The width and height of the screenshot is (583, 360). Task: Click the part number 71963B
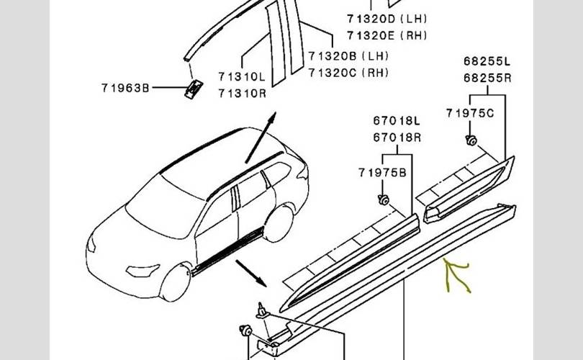pyautogui.click(x=125, y=88)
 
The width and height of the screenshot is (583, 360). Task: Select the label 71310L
pyautogui.click(x=242, y=76)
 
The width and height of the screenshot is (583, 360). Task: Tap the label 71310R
pyautogui.click(x=242, y=93)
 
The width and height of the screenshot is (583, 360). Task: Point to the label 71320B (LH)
pyautogui.click(x=348, y=55)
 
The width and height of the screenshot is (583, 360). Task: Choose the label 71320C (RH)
pyautogui.click(x=348, y=72)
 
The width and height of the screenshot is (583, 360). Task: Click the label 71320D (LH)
pyautogui.click(x=387, y=19)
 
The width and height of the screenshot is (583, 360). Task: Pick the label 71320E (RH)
pyautogui.click(x=387, y=35)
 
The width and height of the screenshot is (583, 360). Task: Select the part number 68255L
pyautogui.click(x=487, y=61)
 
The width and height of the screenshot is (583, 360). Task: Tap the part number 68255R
pyautogui.click(x=487, y=78)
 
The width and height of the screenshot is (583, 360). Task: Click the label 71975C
pyautogui.click(x=470, y=113)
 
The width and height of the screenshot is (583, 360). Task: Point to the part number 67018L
pyautogui.click(x=397, y=121)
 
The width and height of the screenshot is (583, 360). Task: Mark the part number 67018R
pyautogui.click(x=397, y=138)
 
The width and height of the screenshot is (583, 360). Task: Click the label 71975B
pyautogui.click(x=382, y=173)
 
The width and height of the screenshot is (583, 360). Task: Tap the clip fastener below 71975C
pyautogui.click(x=471, y=140)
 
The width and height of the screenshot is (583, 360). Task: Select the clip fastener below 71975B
pyautogui.click(x=384, y=200)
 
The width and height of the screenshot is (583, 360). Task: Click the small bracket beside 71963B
pyautogui.click(x=194, y=89)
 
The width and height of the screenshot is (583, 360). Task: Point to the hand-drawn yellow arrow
pyautogui.click(x=456, y=276)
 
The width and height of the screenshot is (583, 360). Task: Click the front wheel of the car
pyautogui.click(x=175, y=282)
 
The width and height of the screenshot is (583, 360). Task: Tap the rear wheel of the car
pyautogui.click(x=279, y=223)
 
